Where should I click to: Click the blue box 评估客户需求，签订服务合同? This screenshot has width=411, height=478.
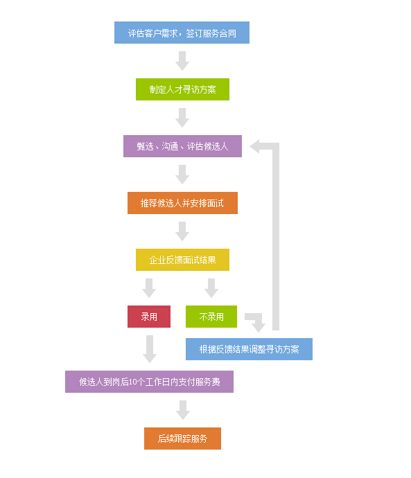tap(182, 33)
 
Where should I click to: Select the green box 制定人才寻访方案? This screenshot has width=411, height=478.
tap(182, 89)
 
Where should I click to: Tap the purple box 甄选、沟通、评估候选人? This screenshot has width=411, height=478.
tap(182, 146)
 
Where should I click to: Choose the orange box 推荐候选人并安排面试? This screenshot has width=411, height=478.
tap(182, 203)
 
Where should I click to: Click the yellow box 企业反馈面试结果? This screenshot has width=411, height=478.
tap(182, 260)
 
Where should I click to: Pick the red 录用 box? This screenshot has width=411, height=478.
tap(149, 317)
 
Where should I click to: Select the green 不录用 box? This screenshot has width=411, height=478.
tap(211, 317)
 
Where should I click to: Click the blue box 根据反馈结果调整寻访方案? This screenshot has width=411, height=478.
tap(249, 349)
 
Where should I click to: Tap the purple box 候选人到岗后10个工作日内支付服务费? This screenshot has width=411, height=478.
tap(149, 382)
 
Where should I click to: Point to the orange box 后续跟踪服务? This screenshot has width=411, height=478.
tap(182, 439)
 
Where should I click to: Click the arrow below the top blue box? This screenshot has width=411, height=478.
tap(182, 61)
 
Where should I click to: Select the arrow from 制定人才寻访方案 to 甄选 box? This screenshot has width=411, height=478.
tap(182, 118)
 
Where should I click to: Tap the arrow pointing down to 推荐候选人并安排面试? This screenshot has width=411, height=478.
tap(182, 175)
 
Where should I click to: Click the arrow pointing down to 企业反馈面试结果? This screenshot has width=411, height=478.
tap(182, 231)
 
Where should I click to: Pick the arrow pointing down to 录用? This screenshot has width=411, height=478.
tap(149, 288)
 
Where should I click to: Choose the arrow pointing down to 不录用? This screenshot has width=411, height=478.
tap(211, 288)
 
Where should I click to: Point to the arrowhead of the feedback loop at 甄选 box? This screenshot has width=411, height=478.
tap(254, 146)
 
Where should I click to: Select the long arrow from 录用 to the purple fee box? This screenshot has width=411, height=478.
tap(150, 349)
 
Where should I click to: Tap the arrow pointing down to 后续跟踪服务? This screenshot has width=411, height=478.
tap(183, 410)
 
